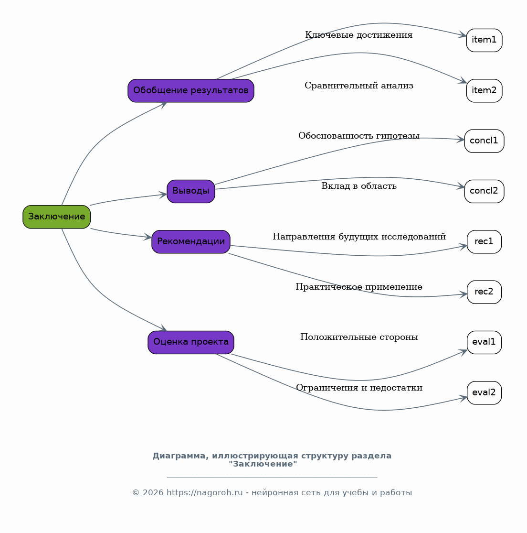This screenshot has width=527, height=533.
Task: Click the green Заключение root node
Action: tap(57, 217)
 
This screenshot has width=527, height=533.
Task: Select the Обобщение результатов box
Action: tap(191, 91)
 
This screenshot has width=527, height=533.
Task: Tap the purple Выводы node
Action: tap(191, 191)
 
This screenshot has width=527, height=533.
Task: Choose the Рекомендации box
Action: tap(191, 242)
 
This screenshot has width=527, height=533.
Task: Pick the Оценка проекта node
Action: tap(191, 342)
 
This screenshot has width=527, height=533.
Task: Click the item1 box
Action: tap(484, 41)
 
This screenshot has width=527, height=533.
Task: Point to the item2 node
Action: tap(484, 91)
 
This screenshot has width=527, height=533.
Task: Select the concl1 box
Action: tap(484, 141)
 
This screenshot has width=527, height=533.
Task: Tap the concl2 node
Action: tap(484, 191)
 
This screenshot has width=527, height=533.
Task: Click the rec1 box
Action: tap(484, 242)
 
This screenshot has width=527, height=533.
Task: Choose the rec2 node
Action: tap(484, 292)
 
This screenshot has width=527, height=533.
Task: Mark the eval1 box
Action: tap(484, 342)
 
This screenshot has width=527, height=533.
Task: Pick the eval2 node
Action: tap(484, 392)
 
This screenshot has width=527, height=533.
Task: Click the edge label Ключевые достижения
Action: tap(358, 35)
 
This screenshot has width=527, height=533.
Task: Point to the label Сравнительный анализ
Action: tap(358, 85)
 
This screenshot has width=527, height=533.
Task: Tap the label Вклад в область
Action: tap(358, 186)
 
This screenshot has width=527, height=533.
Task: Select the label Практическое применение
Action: tap(358, 287)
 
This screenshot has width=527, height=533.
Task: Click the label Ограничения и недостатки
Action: tap(359, 388)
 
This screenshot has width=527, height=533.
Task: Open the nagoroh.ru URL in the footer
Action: tap(205, 492)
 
